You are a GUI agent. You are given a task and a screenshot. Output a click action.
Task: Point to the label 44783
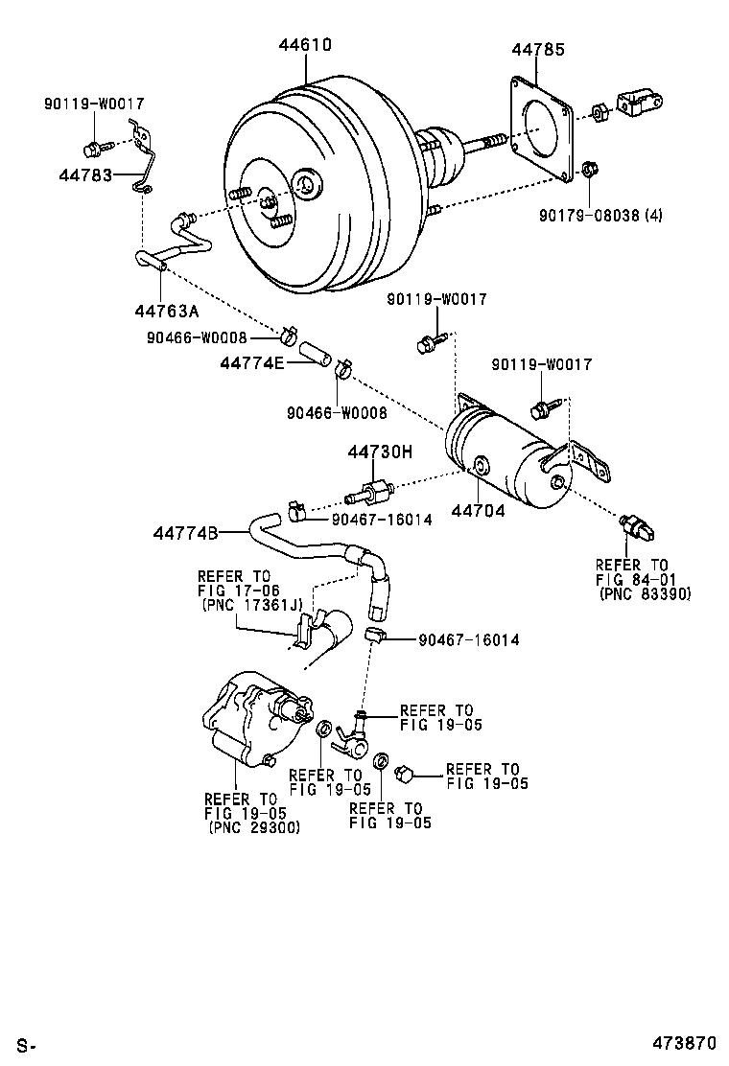point(85,175)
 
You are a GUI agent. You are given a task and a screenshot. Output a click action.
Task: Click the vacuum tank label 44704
point(482,511)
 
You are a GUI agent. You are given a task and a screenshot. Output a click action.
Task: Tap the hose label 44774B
point(184,533)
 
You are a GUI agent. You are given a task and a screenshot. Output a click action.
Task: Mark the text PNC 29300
point(253,827)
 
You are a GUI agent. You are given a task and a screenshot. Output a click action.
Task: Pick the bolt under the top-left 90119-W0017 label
point(94,149)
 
